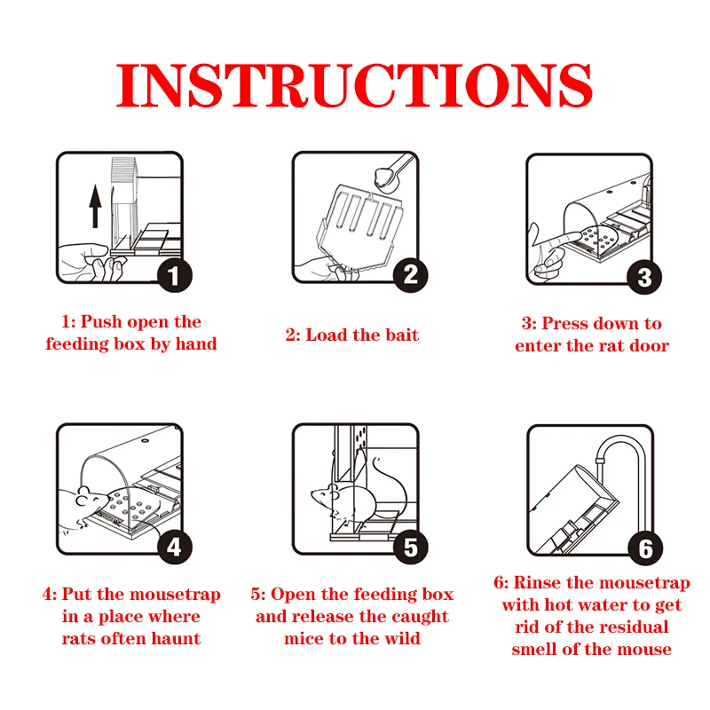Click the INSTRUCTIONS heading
354,85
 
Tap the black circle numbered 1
175,275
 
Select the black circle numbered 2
410,275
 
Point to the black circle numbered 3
644,277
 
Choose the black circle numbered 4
175,547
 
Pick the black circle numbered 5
410,547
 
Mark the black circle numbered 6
645,548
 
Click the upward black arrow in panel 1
95,206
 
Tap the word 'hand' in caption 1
196,343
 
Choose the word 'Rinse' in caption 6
537,582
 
